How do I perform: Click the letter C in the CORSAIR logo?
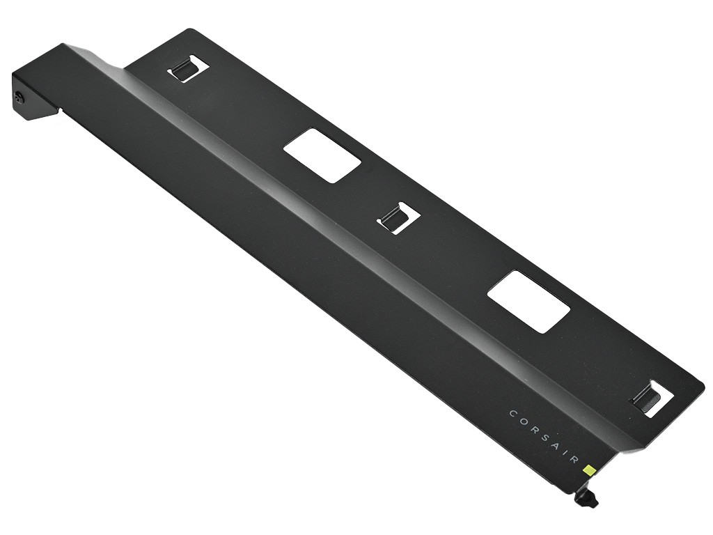pos(512,414)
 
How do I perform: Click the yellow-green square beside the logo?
pos(590,469)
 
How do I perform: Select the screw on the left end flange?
pos(19,97)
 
